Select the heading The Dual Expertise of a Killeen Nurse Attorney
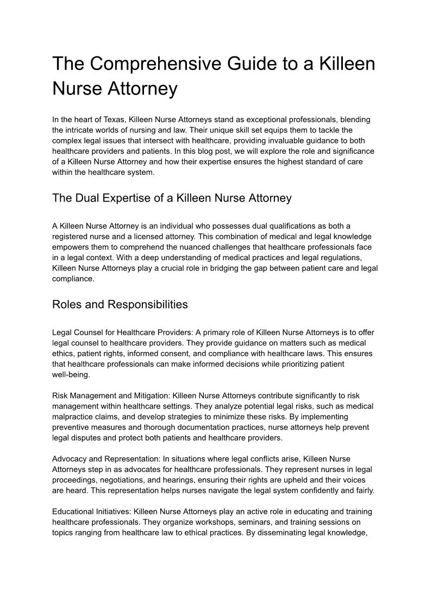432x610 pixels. (x=172, y=198)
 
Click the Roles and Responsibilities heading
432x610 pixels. (x=120, y=305)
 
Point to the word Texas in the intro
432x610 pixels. (x=111, y=120)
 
